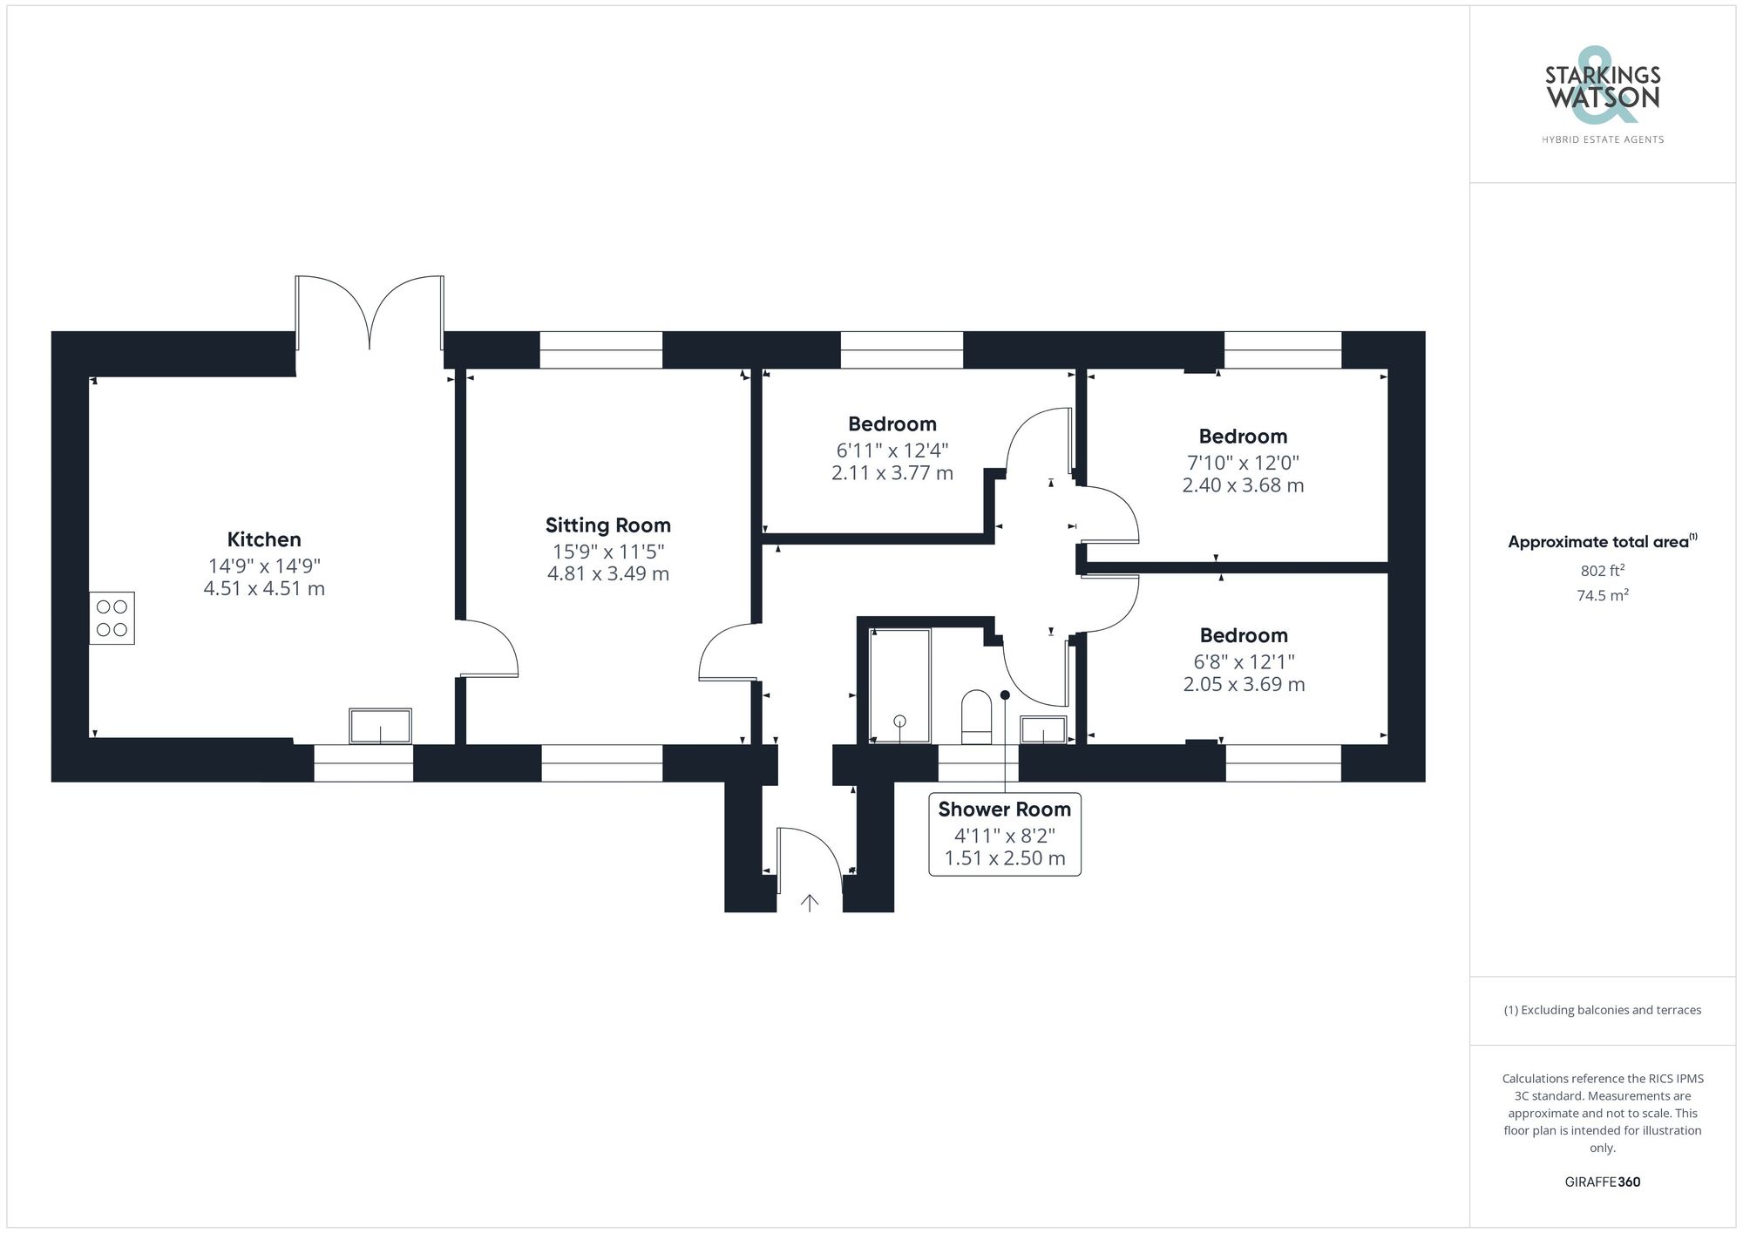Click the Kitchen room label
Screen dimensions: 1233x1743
click(x=264, y=539)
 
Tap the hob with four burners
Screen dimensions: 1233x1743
click(x=112, y=619)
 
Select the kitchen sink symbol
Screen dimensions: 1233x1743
click(x=380, y=726)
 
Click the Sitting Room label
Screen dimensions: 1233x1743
click(x=607, y=525)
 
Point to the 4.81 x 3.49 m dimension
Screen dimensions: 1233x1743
click(x=607, y=574)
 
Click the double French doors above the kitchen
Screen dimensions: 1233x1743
click(x=370, y=314)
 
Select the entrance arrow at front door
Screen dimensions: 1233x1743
click(x=810, y=903)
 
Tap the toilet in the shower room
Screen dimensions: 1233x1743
click(x=976, y=717)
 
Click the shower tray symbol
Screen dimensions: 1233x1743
click(x=900, y=686)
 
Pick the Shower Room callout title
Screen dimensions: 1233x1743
click(x=1004, y=810)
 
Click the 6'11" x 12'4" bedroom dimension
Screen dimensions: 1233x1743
click(x=892, y=451)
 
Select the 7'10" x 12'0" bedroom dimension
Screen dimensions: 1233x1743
click(x=1243, y=463)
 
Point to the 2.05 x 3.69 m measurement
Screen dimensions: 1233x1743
click(x=1244, y=685)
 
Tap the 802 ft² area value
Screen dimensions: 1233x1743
click(x=1602, y=572)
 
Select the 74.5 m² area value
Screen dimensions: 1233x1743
click(x=1602, y=596)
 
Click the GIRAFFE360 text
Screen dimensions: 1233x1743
click(x=1602, y=1182)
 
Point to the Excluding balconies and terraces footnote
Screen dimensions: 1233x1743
click(x=1602, y=1011)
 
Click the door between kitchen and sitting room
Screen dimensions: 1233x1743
click(x=489, y=648)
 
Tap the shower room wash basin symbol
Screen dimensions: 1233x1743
click(x=1043, y=729)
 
